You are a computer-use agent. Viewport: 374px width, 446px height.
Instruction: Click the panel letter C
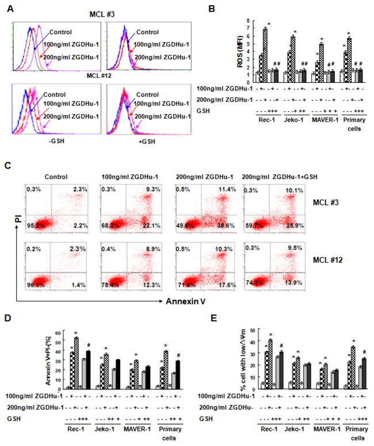tap(8, 165)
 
